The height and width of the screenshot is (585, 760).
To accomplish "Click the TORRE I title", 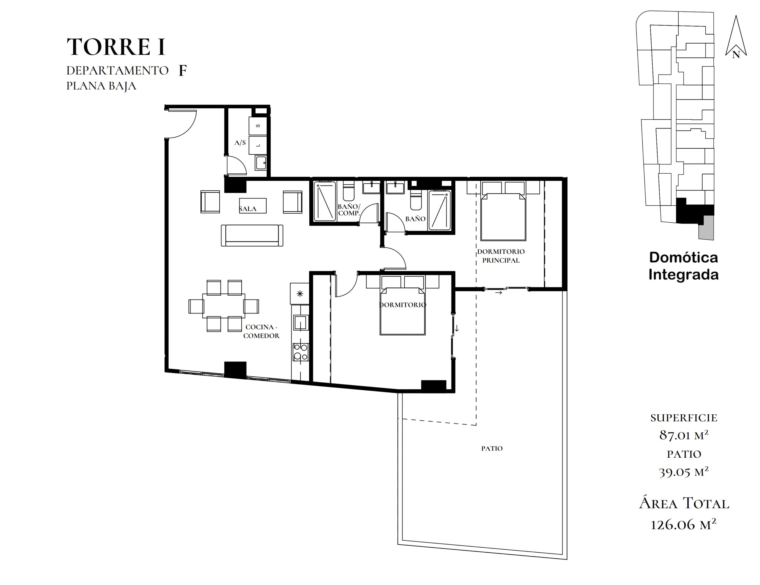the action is click(115, 47).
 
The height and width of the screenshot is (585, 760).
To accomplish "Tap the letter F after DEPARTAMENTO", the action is click(182, 71).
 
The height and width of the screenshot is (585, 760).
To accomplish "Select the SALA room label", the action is click(248, 209).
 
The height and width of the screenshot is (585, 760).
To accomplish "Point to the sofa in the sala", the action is click(252, 235).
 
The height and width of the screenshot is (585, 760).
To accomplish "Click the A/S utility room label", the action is click(240, 142).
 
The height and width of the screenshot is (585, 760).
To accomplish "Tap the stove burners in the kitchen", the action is click(300, 352).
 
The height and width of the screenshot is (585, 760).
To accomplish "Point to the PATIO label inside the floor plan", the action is click(492, 449).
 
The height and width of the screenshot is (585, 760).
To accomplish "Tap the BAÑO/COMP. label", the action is click(349, 210).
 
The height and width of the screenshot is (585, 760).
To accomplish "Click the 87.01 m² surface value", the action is click(684, 435).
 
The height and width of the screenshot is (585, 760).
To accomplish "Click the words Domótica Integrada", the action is click(683, 266).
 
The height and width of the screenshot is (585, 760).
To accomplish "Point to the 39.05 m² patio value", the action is click(684, 472).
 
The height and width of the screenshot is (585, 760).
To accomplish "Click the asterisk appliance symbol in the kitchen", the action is click(300, 294).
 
